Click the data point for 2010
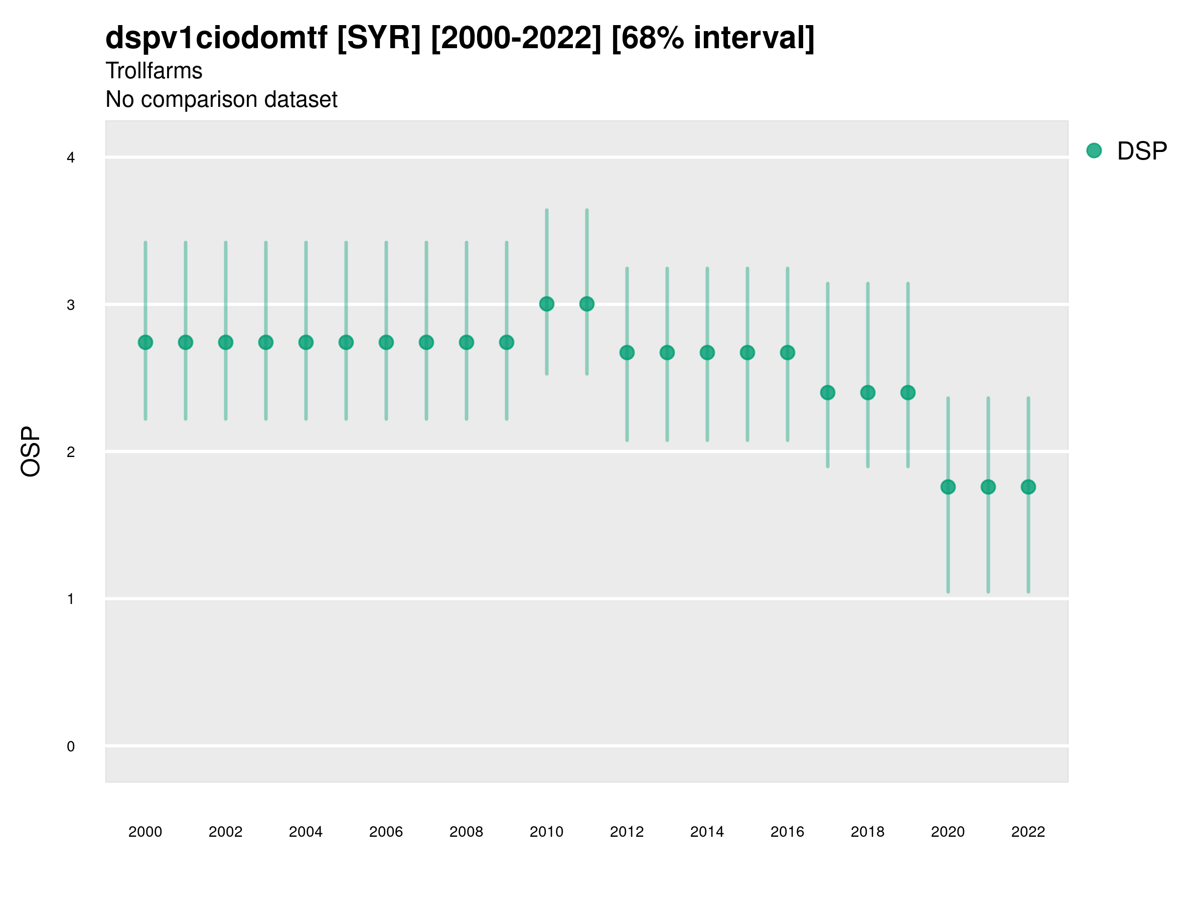[546, 304]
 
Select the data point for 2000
[145, 342]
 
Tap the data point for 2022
[1028, 487]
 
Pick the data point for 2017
[827, 392]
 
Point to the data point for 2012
[627, 353]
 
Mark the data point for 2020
[948, 487]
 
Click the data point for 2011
[587, 304]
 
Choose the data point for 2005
[346, 342]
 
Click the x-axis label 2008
[467, 832]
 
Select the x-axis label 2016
[787, 832]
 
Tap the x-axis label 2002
[225, 832]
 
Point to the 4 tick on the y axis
[71, 158]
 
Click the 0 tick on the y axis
[71, 746]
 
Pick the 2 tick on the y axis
[71, 452]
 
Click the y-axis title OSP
[31, 452]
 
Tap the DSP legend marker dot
[1094, 151]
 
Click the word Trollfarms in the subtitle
[154, 71]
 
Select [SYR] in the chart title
[379, 38]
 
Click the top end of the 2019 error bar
[908, 283]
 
